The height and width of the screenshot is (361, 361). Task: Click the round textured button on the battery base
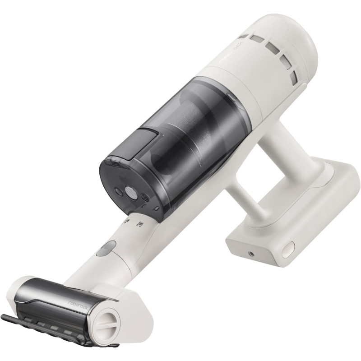click(288, 248)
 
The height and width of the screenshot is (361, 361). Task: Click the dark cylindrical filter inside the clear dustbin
click(190, 122)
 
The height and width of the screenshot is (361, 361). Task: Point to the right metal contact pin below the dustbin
click(140, 224)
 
